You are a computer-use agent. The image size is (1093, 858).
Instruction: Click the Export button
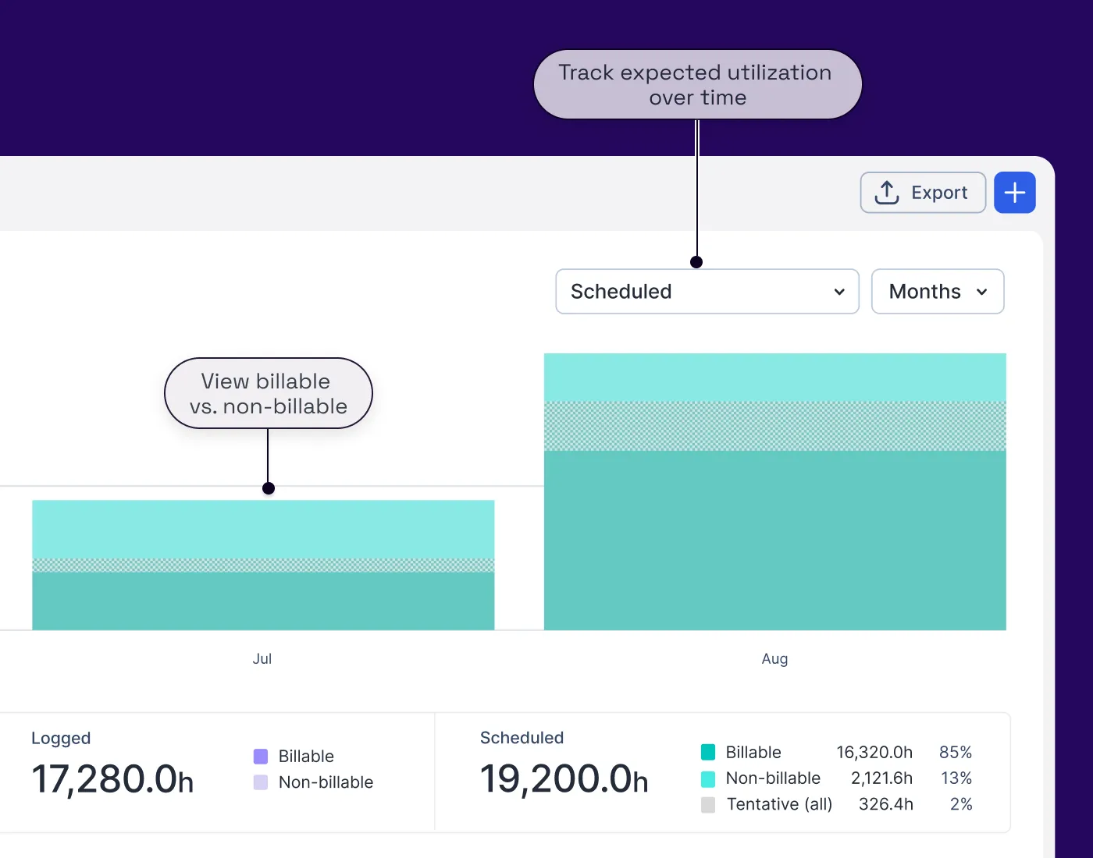[x=922, y=193]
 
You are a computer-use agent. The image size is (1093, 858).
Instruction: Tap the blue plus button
[x=1014, y=193]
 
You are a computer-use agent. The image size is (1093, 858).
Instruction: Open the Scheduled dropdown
[x=707, y=292]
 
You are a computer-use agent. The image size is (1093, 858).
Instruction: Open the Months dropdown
[x=937, y=292]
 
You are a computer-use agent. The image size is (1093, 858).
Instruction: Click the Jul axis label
[x=262, y=659]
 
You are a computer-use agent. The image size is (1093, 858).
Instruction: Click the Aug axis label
[x=774, y=659]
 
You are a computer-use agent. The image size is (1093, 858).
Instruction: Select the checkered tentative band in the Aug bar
[x=774, y=426]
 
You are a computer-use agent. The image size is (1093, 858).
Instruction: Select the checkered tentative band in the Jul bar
[x=263, y=565]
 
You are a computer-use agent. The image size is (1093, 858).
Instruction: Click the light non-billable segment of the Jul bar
[x=263, y=529]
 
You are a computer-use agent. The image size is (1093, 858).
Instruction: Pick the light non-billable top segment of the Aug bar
[x=774, y=378]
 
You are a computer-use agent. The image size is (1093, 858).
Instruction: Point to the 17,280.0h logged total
[x=112, y=779]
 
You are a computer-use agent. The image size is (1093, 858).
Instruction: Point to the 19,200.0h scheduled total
[x=564, y=779]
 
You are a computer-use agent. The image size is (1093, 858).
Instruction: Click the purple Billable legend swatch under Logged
[x=261, y=757]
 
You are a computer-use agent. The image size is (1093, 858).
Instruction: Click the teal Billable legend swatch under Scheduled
[x=708, y=753]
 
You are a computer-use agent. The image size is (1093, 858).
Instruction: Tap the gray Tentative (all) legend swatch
[x=708, y=805]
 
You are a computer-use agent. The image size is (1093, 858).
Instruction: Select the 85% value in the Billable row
[x=955, y=753]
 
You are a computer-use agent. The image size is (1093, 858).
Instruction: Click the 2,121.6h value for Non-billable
[x=881, y=778]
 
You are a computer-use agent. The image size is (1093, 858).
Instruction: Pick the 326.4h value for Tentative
[x=885, y=804]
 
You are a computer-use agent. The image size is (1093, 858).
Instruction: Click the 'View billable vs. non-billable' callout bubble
[x=268, y=394]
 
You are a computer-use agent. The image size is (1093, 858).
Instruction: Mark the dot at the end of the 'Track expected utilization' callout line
[x=696, y=262]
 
